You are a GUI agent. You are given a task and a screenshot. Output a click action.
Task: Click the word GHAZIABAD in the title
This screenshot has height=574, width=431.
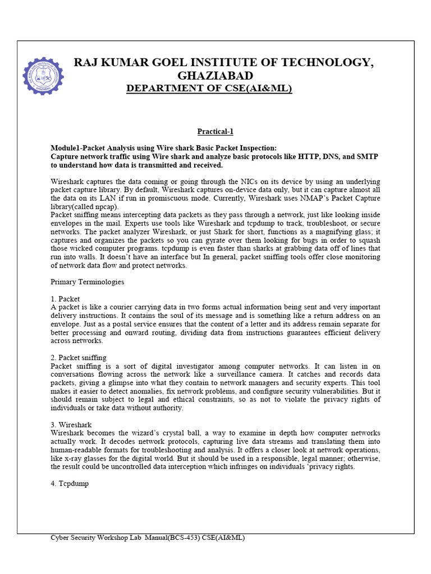215,76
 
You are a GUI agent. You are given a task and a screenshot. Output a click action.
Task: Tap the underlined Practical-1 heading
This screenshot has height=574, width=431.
215,132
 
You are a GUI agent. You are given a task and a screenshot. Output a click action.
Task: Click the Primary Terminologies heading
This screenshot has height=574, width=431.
88,282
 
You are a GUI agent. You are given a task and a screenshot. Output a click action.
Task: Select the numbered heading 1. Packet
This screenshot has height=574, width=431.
66,299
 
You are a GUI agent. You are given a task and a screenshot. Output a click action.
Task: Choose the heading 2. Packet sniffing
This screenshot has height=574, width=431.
79,358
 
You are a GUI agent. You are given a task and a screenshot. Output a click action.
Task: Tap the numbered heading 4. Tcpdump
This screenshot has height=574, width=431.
71,484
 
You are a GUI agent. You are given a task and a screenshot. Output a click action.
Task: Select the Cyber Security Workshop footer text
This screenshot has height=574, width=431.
148,538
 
